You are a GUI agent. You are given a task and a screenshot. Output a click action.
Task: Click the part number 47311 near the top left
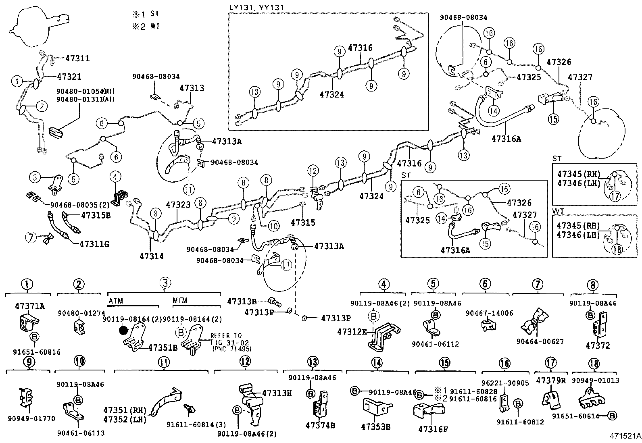pos(77,58)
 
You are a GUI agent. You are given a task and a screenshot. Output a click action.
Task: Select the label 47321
pos(69,77)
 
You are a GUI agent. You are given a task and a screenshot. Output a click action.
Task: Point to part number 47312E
pos(352,331)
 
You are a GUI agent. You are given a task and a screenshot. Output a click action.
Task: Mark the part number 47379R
pos(551,380)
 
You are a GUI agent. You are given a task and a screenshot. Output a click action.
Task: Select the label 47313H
pos(277,393)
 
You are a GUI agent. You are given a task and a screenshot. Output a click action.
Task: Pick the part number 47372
pos(598,345)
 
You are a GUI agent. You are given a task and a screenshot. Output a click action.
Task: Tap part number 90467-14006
pos(484,313)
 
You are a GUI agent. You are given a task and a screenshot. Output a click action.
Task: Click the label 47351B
pos(163,347)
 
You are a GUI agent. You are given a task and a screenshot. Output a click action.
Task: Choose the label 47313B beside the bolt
pos(242,301)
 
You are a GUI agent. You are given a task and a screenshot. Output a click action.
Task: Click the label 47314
pos(152,256)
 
